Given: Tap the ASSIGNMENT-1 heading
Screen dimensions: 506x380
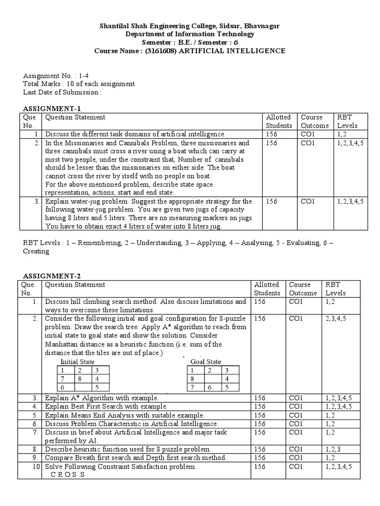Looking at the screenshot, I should pos(52,109).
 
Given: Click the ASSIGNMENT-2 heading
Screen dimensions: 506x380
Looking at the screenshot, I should pos(52,276).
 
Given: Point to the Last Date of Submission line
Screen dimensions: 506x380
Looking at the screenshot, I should pos(63,92).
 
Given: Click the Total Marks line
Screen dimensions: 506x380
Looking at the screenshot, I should pos(79,84).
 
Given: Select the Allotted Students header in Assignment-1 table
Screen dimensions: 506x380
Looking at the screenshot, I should pos(279,122).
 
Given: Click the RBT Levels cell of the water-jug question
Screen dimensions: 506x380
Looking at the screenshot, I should pos(350,202).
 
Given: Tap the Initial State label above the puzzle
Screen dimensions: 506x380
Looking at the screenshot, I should pos(77,362).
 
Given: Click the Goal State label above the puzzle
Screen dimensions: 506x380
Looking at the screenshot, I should pos(206,362).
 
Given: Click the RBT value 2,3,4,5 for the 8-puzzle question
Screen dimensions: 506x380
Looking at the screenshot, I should pos(335,319).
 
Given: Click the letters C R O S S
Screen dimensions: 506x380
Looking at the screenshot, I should pos(68,475).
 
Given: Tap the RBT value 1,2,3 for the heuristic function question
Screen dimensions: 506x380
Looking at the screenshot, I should pos(334,449).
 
